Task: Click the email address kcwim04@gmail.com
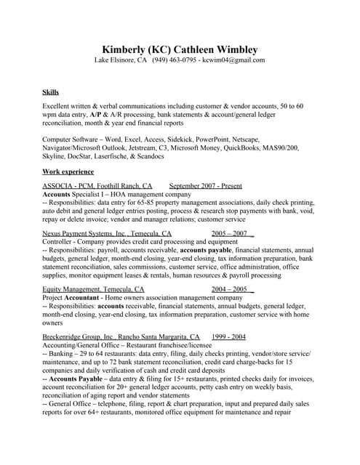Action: click(234, 60)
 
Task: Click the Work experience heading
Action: click(68, 171)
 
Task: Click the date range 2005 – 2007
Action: click(231, 234)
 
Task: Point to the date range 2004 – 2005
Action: click(230, 289)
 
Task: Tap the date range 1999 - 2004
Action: click(228, 337)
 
